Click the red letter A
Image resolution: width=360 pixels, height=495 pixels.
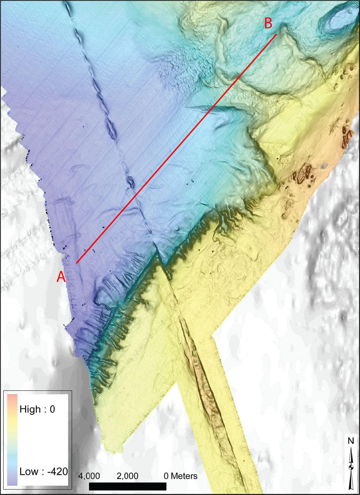(61, 277)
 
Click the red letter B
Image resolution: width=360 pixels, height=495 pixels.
(268, 24)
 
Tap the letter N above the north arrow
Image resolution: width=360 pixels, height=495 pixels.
(351, 441)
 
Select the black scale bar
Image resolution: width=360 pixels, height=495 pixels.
(128, 486)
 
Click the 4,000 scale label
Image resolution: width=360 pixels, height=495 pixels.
(89, 476)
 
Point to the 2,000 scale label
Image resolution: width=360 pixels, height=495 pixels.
(128, 476)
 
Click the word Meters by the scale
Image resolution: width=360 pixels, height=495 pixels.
(184, 476)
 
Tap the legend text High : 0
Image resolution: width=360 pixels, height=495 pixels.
(37, 409)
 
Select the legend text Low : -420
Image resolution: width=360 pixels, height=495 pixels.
(44, 472)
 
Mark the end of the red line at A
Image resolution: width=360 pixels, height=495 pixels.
(76, 263)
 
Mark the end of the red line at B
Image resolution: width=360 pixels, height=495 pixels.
(277, 34)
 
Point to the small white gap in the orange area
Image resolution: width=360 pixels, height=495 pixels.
(324, 166)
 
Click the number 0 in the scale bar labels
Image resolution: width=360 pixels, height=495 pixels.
(166, 476)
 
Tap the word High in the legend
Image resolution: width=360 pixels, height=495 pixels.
(30, 409)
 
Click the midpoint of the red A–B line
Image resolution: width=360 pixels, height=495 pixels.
(177, 149)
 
